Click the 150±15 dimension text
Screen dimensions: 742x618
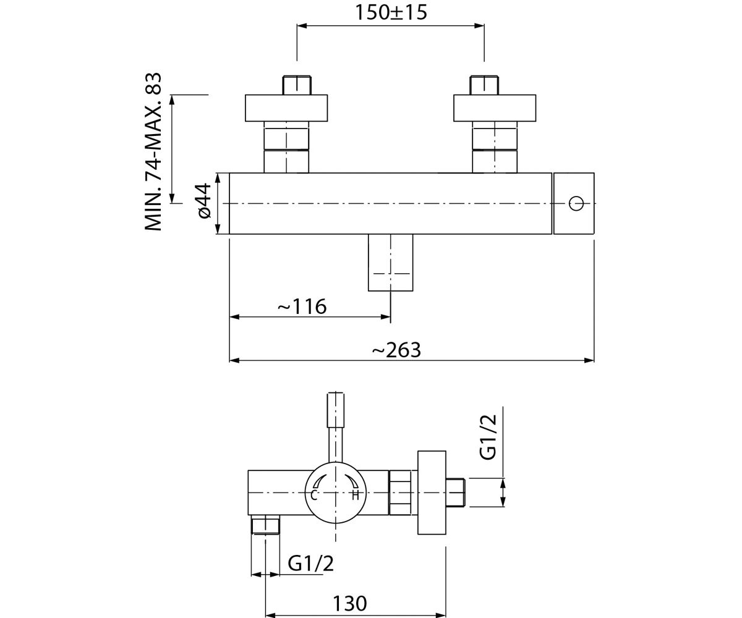[x=391, y=13]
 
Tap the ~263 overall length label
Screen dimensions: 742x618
[x=396, y=350]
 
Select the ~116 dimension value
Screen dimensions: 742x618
[x=302, y=306]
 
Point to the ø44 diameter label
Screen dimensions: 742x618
[x=203, y=201]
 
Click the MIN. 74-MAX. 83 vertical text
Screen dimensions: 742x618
[x=153, y=152]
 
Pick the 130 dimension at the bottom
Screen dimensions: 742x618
[x=350, y=603]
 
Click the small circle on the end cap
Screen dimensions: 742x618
[x=576, y=203]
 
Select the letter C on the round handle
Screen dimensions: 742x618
[x=313, y=495]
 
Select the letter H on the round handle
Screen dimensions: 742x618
[x=356, y=495]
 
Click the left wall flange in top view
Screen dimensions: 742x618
[x=286, y=108]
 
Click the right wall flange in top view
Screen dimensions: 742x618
[x=495, y=108]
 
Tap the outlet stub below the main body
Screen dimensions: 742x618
[x=391, y=263]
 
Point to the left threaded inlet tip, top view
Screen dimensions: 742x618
[x=297, y=85]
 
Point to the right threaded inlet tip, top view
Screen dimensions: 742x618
[x=484, y=85]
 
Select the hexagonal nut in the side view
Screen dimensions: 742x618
[x=400, y=493]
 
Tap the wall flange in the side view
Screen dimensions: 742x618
[x=432, y=493]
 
